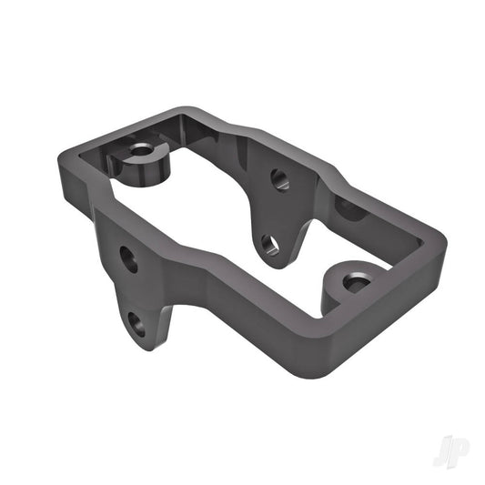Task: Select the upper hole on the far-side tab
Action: [x=279, y=179]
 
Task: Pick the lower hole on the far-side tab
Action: [x=270, y=244]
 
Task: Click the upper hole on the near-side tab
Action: [x=129, y=260]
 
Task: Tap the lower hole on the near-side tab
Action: [x=136, y=322]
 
